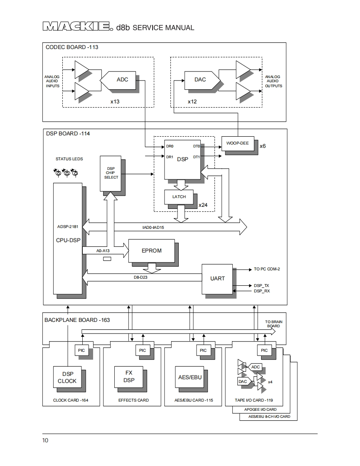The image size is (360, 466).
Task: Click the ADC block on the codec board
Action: [x=121, y=80]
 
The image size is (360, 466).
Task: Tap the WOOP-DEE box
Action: [x=237, y=143]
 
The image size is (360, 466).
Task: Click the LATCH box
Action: [x=179, y=197]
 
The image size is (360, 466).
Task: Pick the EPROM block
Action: [x=152, y=251]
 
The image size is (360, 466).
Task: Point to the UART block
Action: [x=217, y=278]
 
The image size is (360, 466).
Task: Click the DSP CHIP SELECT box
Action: [x=111, y=173]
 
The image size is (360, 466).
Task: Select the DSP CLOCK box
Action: [x=67, y=378]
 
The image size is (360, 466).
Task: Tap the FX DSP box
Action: [x=129, y=377]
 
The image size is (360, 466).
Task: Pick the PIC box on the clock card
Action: [x=81, y=351]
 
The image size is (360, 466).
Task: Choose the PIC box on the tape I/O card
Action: [x=264, y=351]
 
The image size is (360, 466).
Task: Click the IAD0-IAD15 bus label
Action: [x=153, y=228]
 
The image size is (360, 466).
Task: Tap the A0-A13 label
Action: [x=104, y=251]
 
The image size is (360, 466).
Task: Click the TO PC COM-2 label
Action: [x=267, y=269]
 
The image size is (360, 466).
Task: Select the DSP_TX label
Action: [x=261, y=286]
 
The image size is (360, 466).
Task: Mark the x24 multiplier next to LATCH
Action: [x=203, y=205]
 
